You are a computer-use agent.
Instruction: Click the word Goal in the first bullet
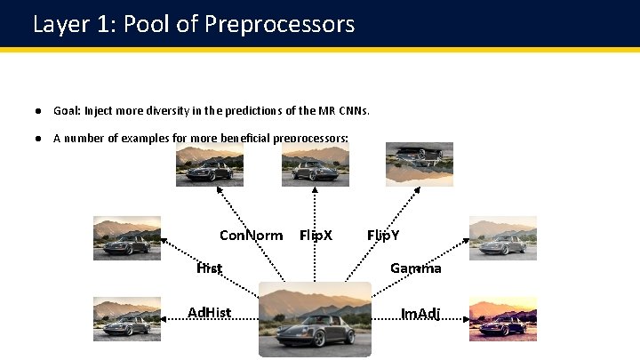67,111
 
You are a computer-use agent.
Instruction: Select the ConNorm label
251,236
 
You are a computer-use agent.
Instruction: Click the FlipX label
316,236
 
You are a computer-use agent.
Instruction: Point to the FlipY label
383,236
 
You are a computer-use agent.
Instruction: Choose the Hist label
209,268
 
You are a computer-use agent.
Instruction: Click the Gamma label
415,268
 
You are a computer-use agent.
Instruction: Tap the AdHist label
210,312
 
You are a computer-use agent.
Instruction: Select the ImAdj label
420,313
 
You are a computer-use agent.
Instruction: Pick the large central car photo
315,319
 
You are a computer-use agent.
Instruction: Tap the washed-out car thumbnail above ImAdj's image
503,238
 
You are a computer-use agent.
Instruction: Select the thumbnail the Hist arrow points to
127,238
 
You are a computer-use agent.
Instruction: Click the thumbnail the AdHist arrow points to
127,319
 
